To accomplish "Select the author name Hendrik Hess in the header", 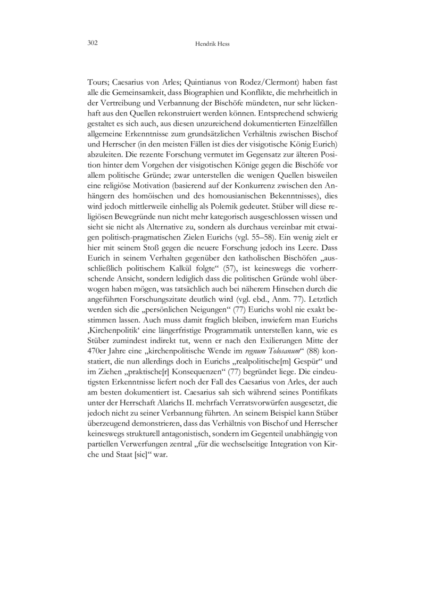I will [x=212, y=44].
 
